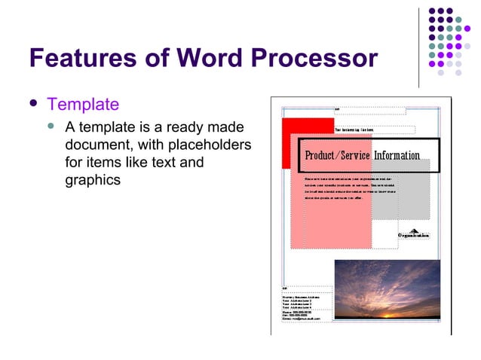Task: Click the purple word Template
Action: [83, 104]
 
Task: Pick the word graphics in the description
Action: [93, 180]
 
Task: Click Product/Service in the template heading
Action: [337, 155]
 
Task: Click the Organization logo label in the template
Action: [414, 235]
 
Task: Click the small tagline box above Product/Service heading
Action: [373, 130]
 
